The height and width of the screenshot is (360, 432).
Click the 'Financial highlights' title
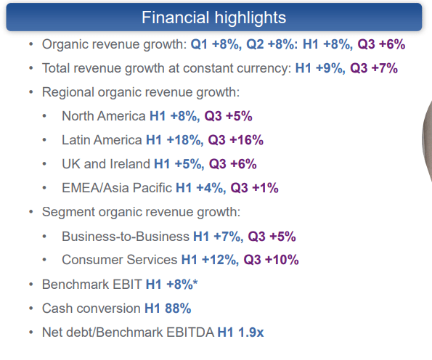(213, 17)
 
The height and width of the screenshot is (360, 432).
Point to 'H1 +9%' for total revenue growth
(319, 69)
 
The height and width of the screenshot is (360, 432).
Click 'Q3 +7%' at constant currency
(374, 69)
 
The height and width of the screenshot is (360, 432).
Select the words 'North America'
(104, 116)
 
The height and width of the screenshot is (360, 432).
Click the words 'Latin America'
(102, 140)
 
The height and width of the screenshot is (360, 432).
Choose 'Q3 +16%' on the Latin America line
(236, 140)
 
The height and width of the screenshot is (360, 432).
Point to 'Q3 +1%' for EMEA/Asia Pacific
(255, 188)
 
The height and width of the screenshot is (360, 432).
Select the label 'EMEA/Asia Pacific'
(117, 188)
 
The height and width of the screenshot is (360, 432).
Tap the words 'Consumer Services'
(119, 260)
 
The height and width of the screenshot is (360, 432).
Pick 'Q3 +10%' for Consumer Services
(271, 260)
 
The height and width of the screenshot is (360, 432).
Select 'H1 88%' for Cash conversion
(168, 308)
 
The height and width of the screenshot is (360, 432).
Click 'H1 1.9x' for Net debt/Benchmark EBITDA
(241, 332)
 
